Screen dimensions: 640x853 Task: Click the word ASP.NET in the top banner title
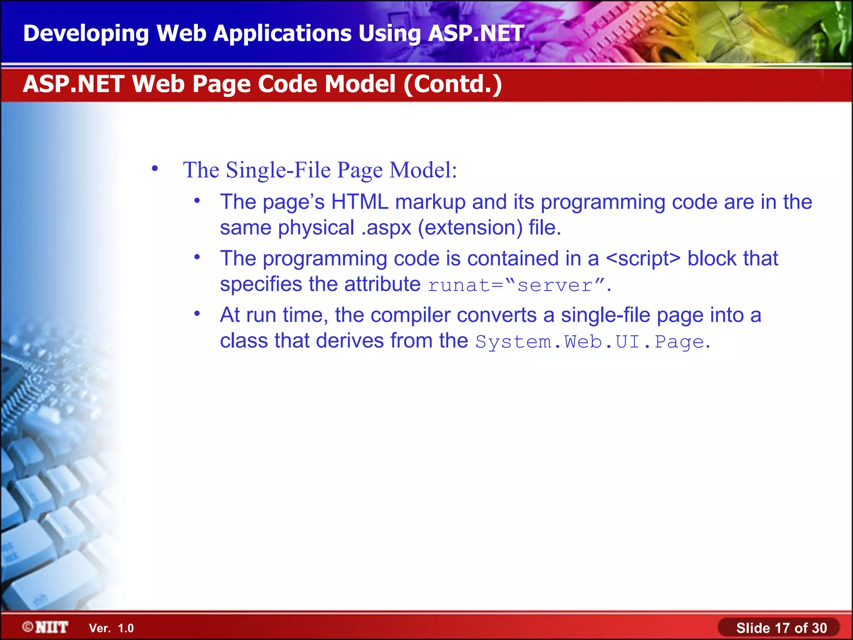click(476, 33)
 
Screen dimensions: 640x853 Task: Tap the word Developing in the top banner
click(86, 33)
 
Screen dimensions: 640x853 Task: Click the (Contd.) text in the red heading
click(452, 84)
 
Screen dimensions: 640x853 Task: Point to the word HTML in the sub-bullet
click(359, 202)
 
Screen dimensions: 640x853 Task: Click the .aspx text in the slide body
click(386, 228)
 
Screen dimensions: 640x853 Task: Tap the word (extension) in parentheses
click(470, 228)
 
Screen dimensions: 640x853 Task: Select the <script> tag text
click(643, 258)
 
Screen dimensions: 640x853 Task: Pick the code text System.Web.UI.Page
click(590, 342)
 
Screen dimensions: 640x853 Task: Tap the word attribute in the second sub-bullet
click(382, 285)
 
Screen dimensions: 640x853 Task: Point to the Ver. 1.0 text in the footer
click(111, 628)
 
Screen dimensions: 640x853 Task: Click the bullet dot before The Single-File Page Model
click(155, 169)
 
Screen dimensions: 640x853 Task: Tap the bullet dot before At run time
click(197, 313)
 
